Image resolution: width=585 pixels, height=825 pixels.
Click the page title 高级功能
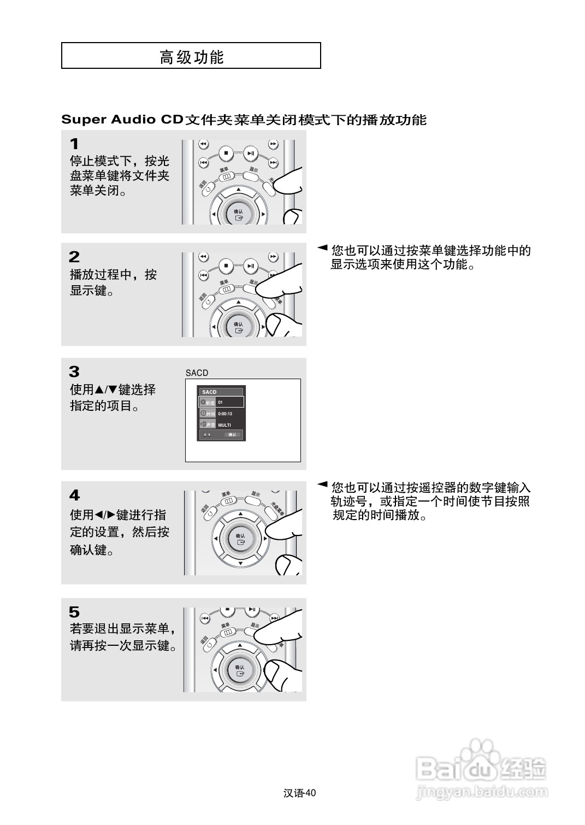191,57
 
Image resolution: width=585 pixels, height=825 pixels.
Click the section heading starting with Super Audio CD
244,120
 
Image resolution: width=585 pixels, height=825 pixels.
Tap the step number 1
74,144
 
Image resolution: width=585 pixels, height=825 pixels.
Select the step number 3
74,372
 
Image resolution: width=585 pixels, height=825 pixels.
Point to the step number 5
74,612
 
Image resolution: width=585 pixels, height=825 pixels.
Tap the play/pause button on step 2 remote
250,266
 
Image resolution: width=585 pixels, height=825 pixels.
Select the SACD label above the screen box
197,373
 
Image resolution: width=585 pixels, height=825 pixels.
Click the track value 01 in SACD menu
221,402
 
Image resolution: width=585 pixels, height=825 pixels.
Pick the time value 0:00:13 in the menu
225,414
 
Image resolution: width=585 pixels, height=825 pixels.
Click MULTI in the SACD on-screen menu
224,425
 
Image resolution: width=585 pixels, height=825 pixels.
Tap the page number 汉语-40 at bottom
300,793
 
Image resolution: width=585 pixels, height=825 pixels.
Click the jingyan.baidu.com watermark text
481,791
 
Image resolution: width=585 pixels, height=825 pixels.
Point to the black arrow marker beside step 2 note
322,248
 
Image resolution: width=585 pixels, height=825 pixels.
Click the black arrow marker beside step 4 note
322,484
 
